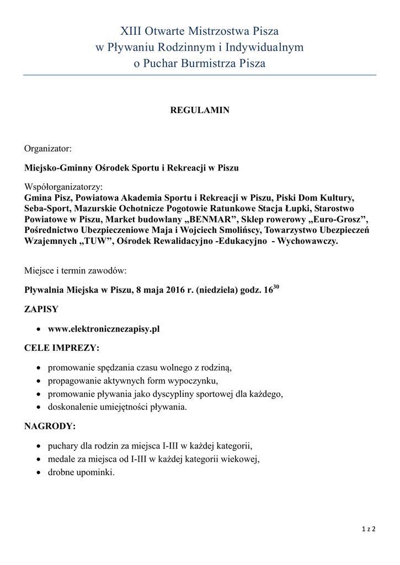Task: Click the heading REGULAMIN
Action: (199, 110)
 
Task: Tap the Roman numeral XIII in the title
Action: (131, 31)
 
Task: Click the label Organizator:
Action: (48, 148)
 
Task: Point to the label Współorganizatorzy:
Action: (63, 187)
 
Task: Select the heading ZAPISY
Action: (41, 310)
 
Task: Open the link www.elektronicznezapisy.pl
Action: (104, 329)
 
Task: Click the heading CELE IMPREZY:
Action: (62, 348)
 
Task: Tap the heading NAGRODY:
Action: (50, 427)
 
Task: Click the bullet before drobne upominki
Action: (38, 472)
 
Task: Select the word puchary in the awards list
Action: (64, 446)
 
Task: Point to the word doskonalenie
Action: (75, 407)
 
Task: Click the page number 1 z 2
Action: (369, 529)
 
